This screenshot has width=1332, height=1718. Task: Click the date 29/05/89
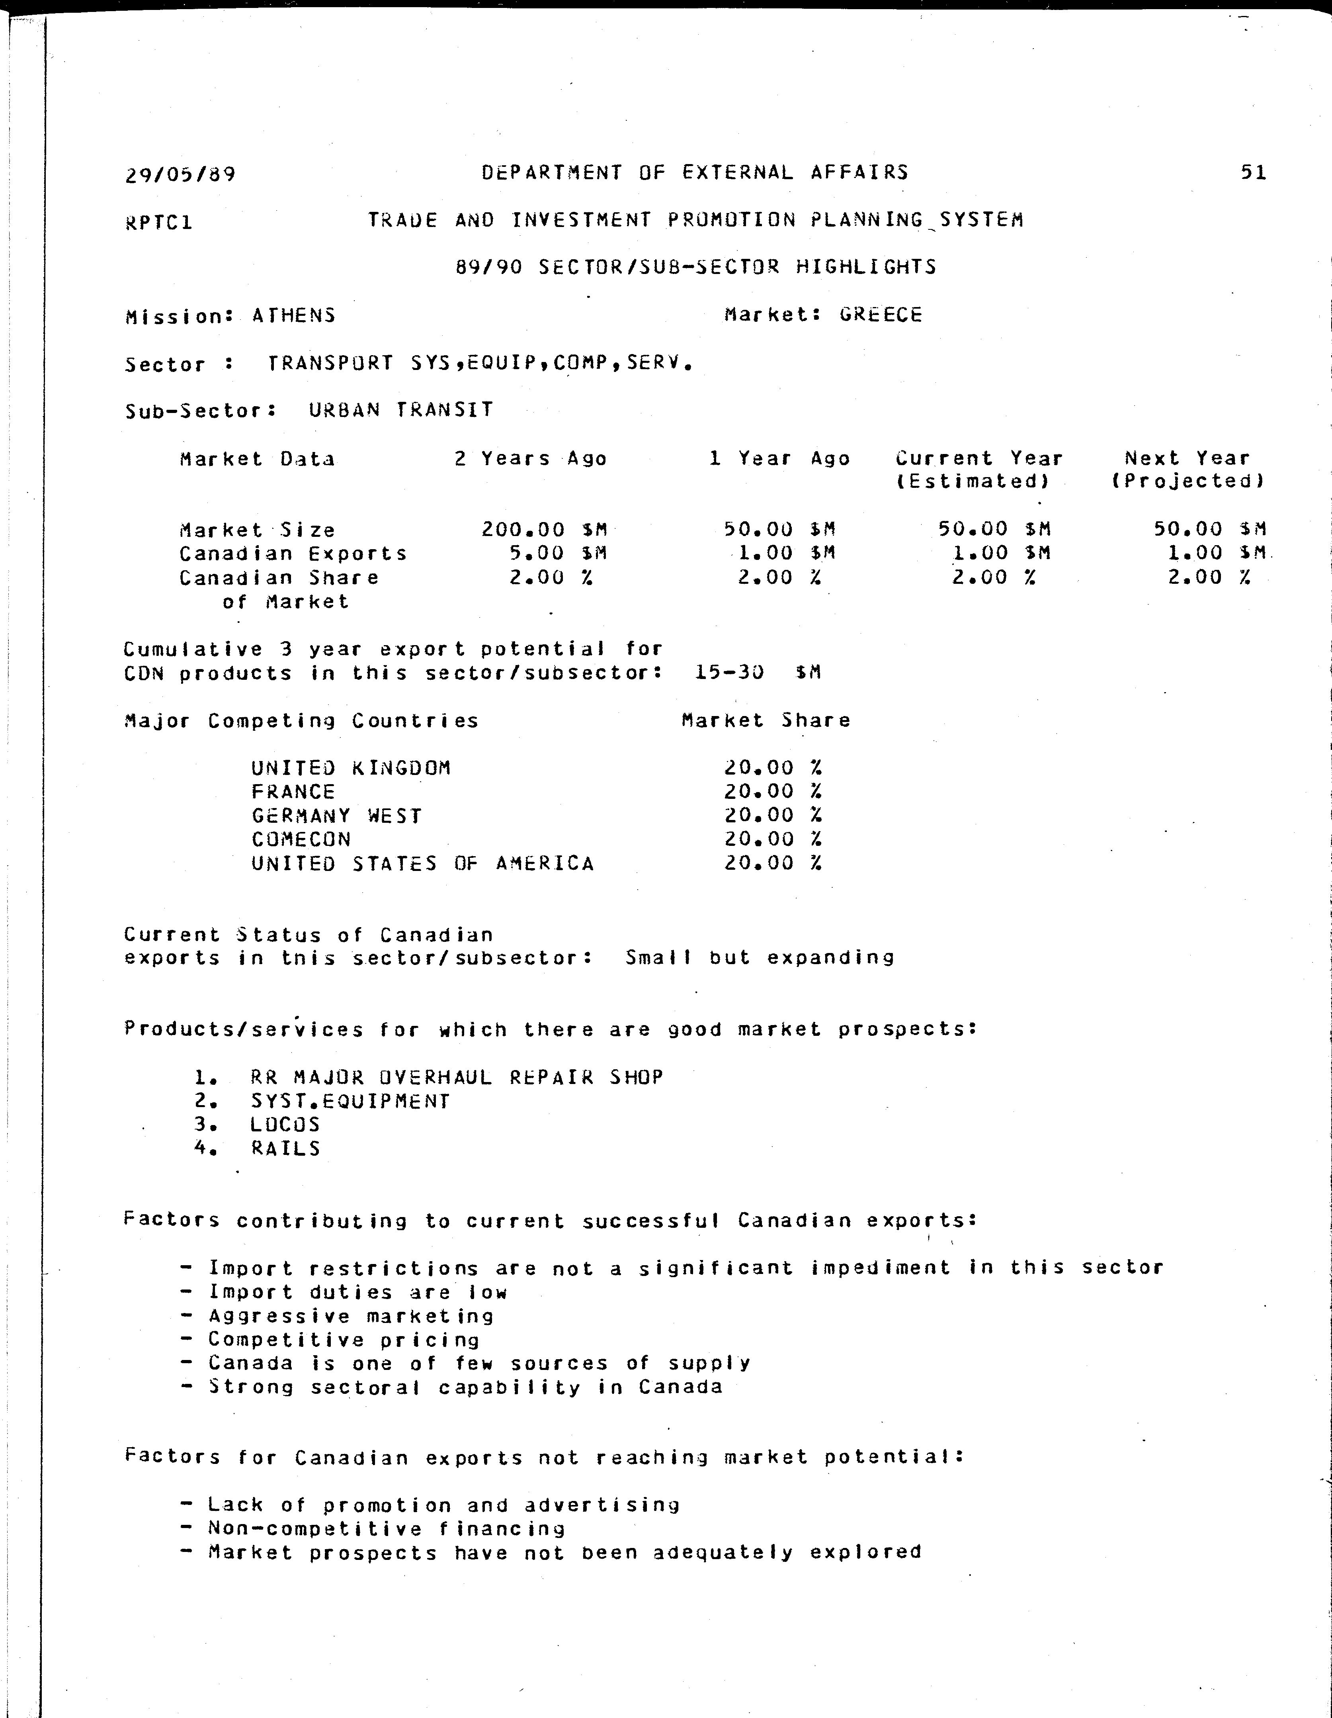pyautogui.click(x=180, y=174)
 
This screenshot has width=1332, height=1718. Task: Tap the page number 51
pyautogui.click(x=1253, y=172)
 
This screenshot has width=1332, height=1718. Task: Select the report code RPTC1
pyautogui.click(x=159, y=223)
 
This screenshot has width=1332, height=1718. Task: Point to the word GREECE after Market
pyautogui.click(x=881, y=315)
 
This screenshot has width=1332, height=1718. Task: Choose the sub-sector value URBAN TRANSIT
pyautogui.click(x=401, y=410)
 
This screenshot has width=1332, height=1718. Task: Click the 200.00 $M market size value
pyautogui.click(x=544, y=529)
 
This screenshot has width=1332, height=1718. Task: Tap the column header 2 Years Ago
pyautogui.click(x=531, y=459)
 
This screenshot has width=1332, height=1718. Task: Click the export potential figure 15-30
pyautogui.click(x=730, y=673)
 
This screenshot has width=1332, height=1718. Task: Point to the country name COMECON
pyautogui.click(x=301, y=839)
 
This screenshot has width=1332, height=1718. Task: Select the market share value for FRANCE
pyautogui.click(x=773, y=791)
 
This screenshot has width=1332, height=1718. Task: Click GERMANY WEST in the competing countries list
pyautogui.click(x=336, y=816)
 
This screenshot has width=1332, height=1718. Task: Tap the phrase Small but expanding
pyautogui.click(x=760, y=957)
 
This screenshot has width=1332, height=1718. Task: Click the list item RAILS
pyautogui.click(x=285, y=1149)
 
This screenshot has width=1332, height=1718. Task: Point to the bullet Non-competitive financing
pyautogui.click(x=386, y=1528)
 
